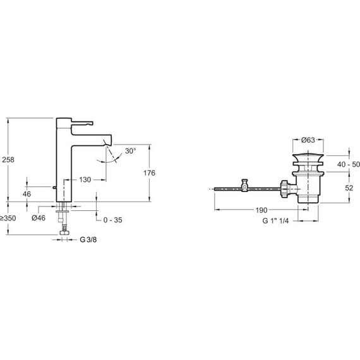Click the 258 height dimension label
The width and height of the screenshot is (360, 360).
coord(8,160)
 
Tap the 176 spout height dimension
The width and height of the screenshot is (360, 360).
coord(150,173)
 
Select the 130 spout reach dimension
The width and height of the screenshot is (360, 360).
coord(85,180)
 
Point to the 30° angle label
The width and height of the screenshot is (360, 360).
coord(130,151)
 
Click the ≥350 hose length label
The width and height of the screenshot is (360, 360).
coord(8,218)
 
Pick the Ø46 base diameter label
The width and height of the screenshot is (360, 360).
coord(39,218)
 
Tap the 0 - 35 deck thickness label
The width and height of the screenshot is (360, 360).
coord(112,220)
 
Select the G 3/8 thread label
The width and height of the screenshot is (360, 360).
coord(88,240)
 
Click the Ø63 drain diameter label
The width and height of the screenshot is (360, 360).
coord(308,140)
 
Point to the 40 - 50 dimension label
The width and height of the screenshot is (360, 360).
coord(349,164)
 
